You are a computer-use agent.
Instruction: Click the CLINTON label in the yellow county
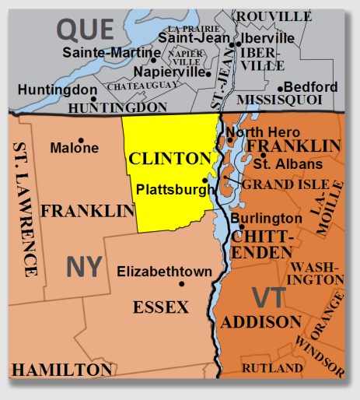pos(170,159)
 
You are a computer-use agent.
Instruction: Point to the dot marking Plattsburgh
pos(205,180)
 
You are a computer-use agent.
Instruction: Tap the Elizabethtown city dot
pos(182,284)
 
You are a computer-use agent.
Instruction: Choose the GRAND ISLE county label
pos(277,185)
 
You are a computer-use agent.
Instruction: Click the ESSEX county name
pos(160,307)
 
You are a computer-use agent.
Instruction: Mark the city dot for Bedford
pos(285,87)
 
